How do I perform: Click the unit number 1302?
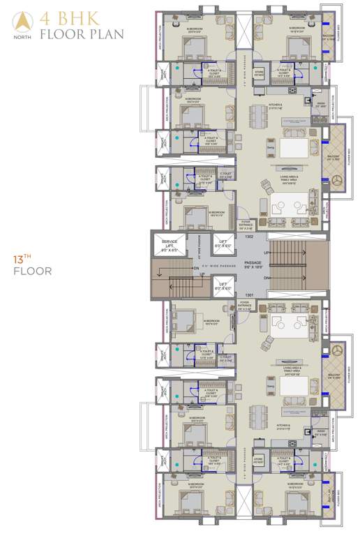coord(249,237)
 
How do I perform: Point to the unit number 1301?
coord(249,295)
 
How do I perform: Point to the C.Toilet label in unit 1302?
coord(225,175)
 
